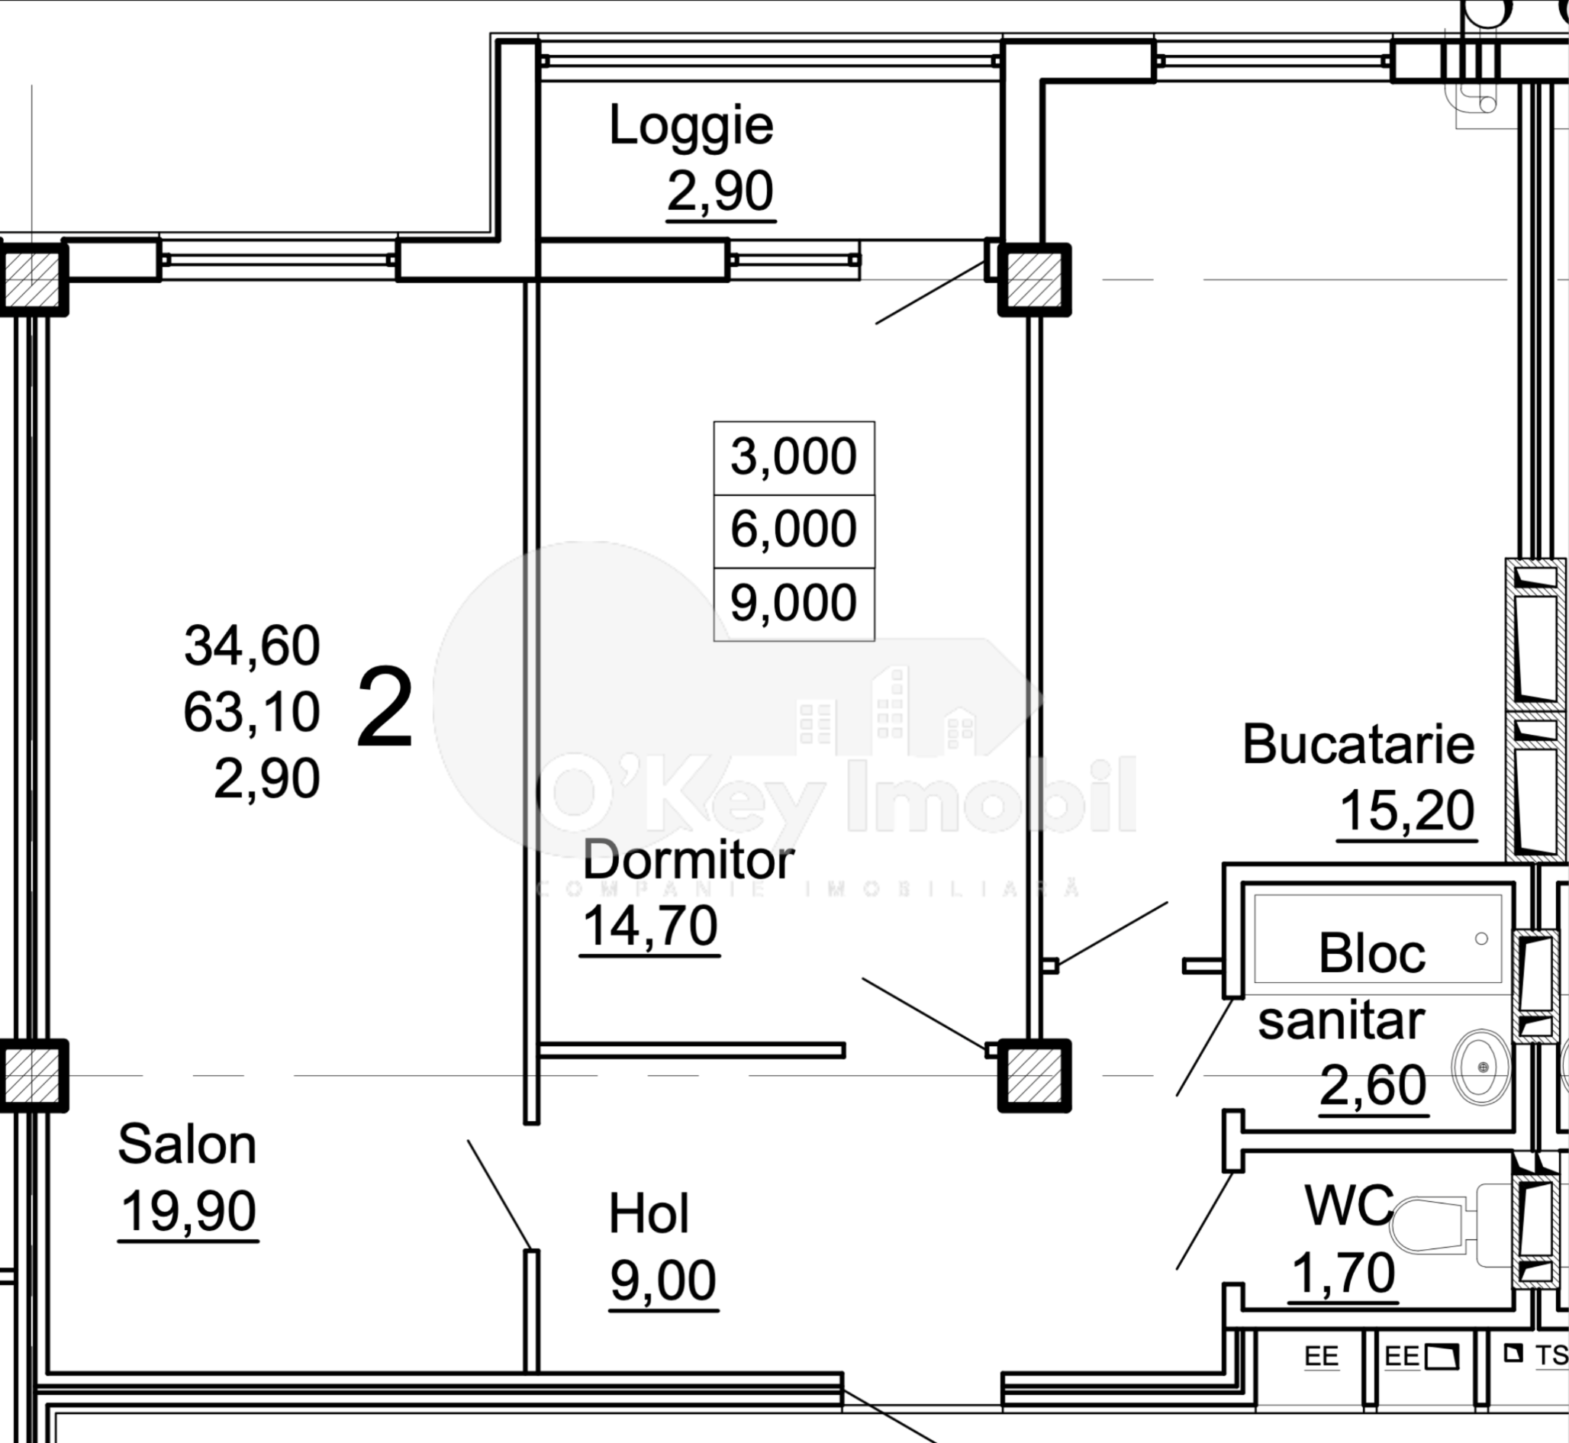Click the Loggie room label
point(691,126)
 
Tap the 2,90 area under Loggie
point(720,192)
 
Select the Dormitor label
point(688,861)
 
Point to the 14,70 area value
point(649,926)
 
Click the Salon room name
point(187,1145)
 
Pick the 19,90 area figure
point(188,1211)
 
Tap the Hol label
point(648,1214)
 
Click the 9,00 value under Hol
point(662,1280)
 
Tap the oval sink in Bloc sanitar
point(1480,1067)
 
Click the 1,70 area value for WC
point(1342,1274)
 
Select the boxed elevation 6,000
point(794,530)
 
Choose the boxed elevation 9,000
point(794,603)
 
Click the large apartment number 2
point(385,708)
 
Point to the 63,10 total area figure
point(252,712)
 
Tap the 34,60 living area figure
point(252,646)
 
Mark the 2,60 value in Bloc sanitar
point(1372,1085)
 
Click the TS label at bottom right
point(1550,1355)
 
